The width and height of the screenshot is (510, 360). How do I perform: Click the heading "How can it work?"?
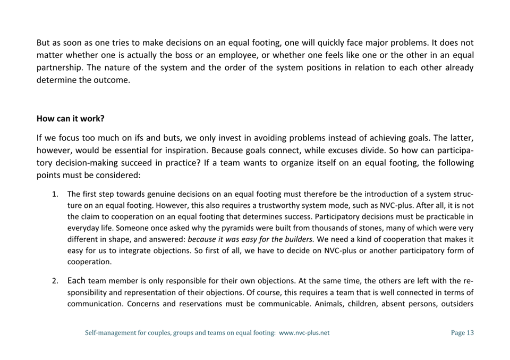click(70, 119)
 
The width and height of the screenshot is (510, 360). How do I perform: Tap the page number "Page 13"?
click(462, 333)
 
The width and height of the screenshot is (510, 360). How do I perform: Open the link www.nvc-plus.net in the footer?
click(304, 333)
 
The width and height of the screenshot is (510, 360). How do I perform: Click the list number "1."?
click(55, 194)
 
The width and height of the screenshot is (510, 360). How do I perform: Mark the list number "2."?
click(55, 281)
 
